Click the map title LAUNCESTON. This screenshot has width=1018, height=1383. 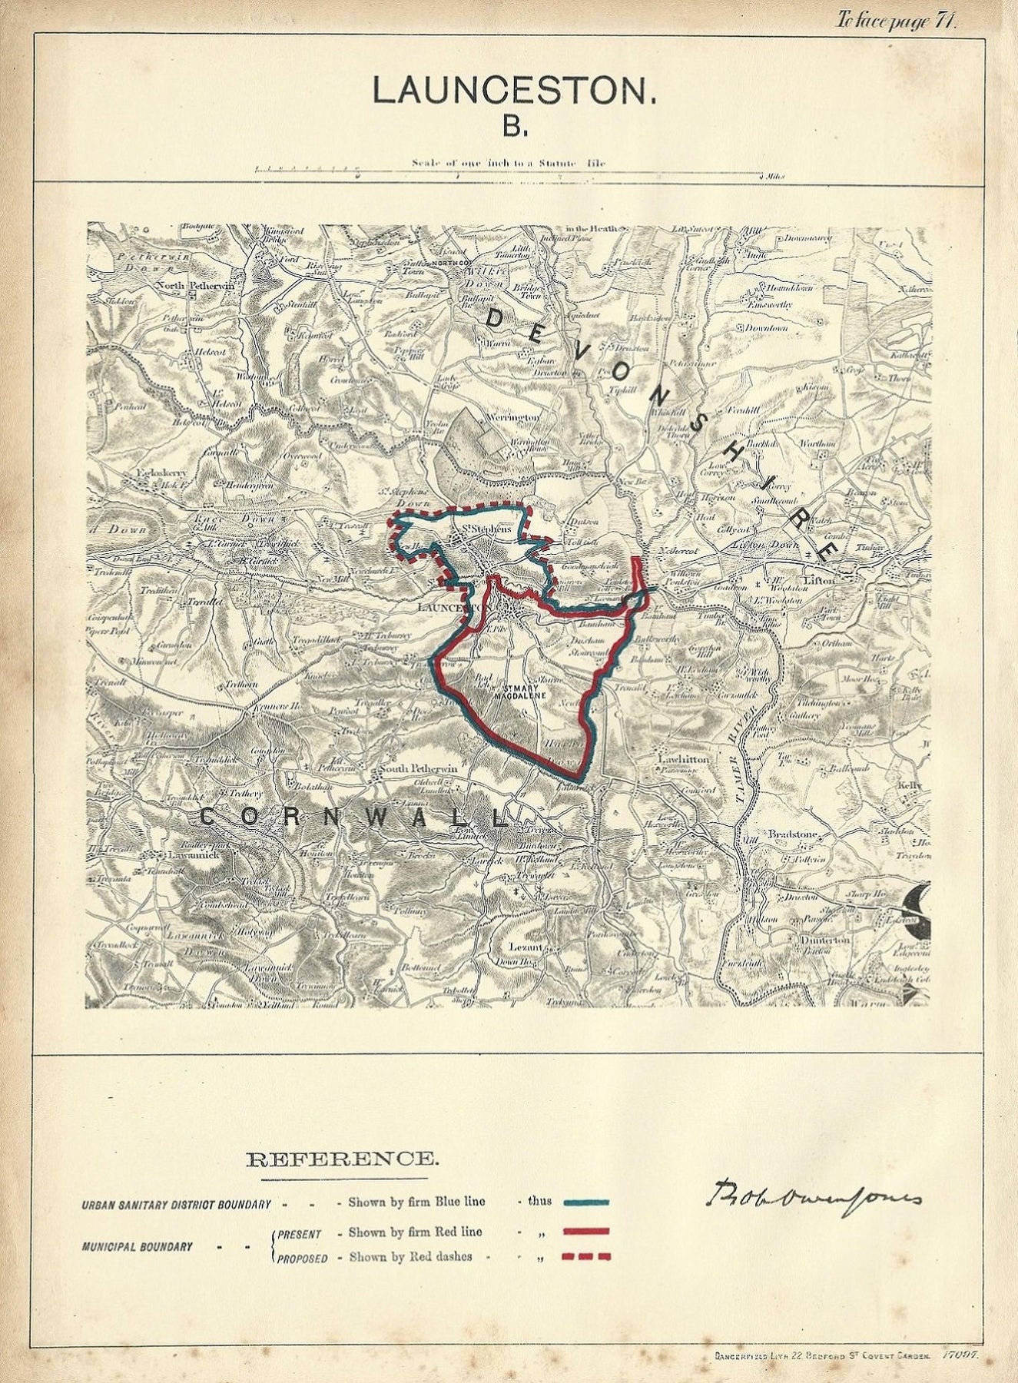514,91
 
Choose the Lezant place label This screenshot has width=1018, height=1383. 527,947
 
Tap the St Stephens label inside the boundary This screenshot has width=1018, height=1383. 486,529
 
